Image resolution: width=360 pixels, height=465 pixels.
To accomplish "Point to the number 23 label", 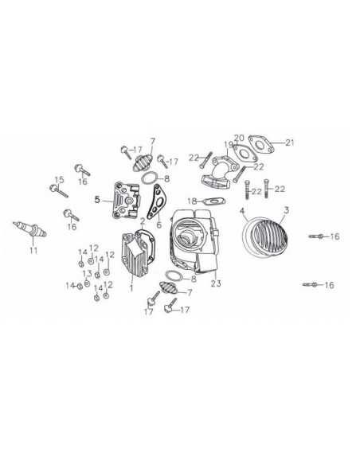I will [215, 282].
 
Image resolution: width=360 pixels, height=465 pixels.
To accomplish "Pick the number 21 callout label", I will [289, 143].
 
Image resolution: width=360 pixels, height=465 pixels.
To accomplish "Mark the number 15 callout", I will [57, 178].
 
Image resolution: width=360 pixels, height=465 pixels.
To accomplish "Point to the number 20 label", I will [238, 137].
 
